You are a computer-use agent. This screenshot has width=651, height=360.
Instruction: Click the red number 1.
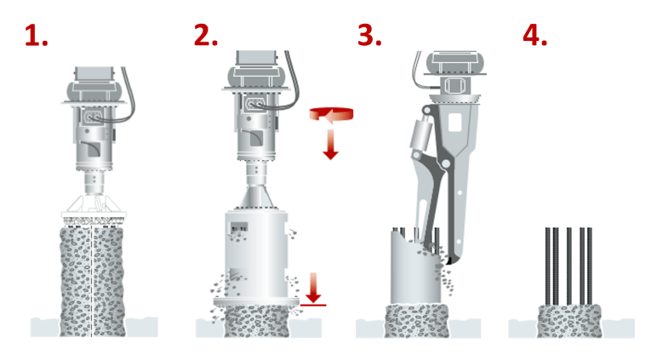(36, 35)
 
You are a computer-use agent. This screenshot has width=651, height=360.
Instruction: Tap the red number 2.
(206, 35)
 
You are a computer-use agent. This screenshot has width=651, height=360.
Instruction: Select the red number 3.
(369, 35)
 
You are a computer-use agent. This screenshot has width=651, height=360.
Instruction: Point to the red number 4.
(534, 35)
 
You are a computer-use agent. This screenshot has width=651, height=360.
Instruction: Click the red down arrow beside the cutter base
(313, 288)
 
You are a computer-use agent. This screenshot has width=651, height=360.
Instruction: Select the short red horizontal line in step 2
(313, 306)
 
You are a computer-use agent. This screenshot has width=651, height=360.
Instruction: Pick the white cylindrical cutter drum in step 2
(256, 254)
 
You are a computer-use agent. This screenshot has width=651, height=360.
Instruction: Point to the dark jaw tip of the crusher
(448, 260)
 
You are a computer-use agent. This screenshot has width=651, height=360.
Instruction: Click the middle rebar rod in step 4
(568, 266)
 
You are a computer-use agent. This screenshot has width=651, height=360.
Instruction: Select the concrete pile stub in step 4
(569, 321)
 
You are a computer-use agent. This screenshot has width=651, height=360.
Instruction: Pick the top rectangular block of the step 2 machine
(256, 57)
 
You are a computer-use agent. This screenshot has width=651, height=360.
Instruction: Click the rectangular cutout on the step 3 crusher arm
(455, 122)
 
